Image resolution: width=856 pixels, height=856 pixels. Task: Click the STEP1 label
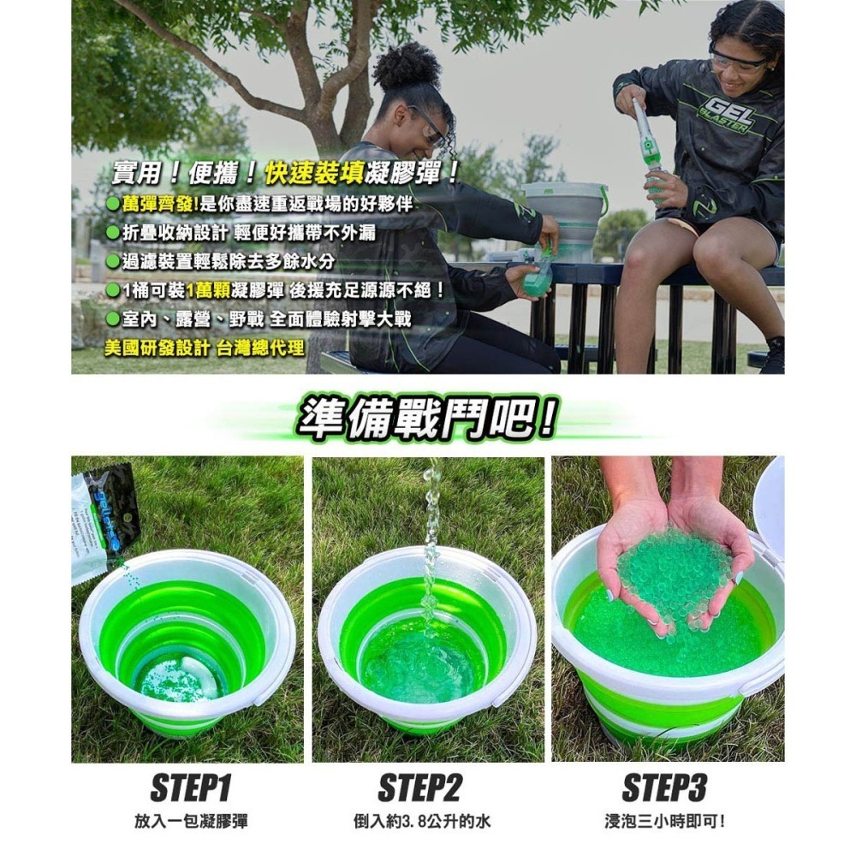[190, 788]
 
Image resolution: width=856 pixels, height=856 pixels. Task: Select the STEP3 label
[663, 788]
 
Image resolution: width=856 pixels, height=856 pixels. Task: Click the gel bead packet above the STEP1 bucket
[104, 518]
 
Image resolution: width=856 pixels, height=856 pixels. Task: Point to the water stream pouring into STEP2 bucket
[431, 548]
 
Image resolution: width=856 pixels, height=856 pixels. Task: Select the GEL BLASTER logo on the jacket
[726, 116]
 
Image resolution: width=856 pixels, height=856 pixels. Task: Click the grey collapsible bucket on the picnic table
[563, 214]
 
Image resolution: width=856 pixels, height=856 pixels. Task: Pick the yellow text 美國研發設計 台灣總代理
[204, 348]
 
